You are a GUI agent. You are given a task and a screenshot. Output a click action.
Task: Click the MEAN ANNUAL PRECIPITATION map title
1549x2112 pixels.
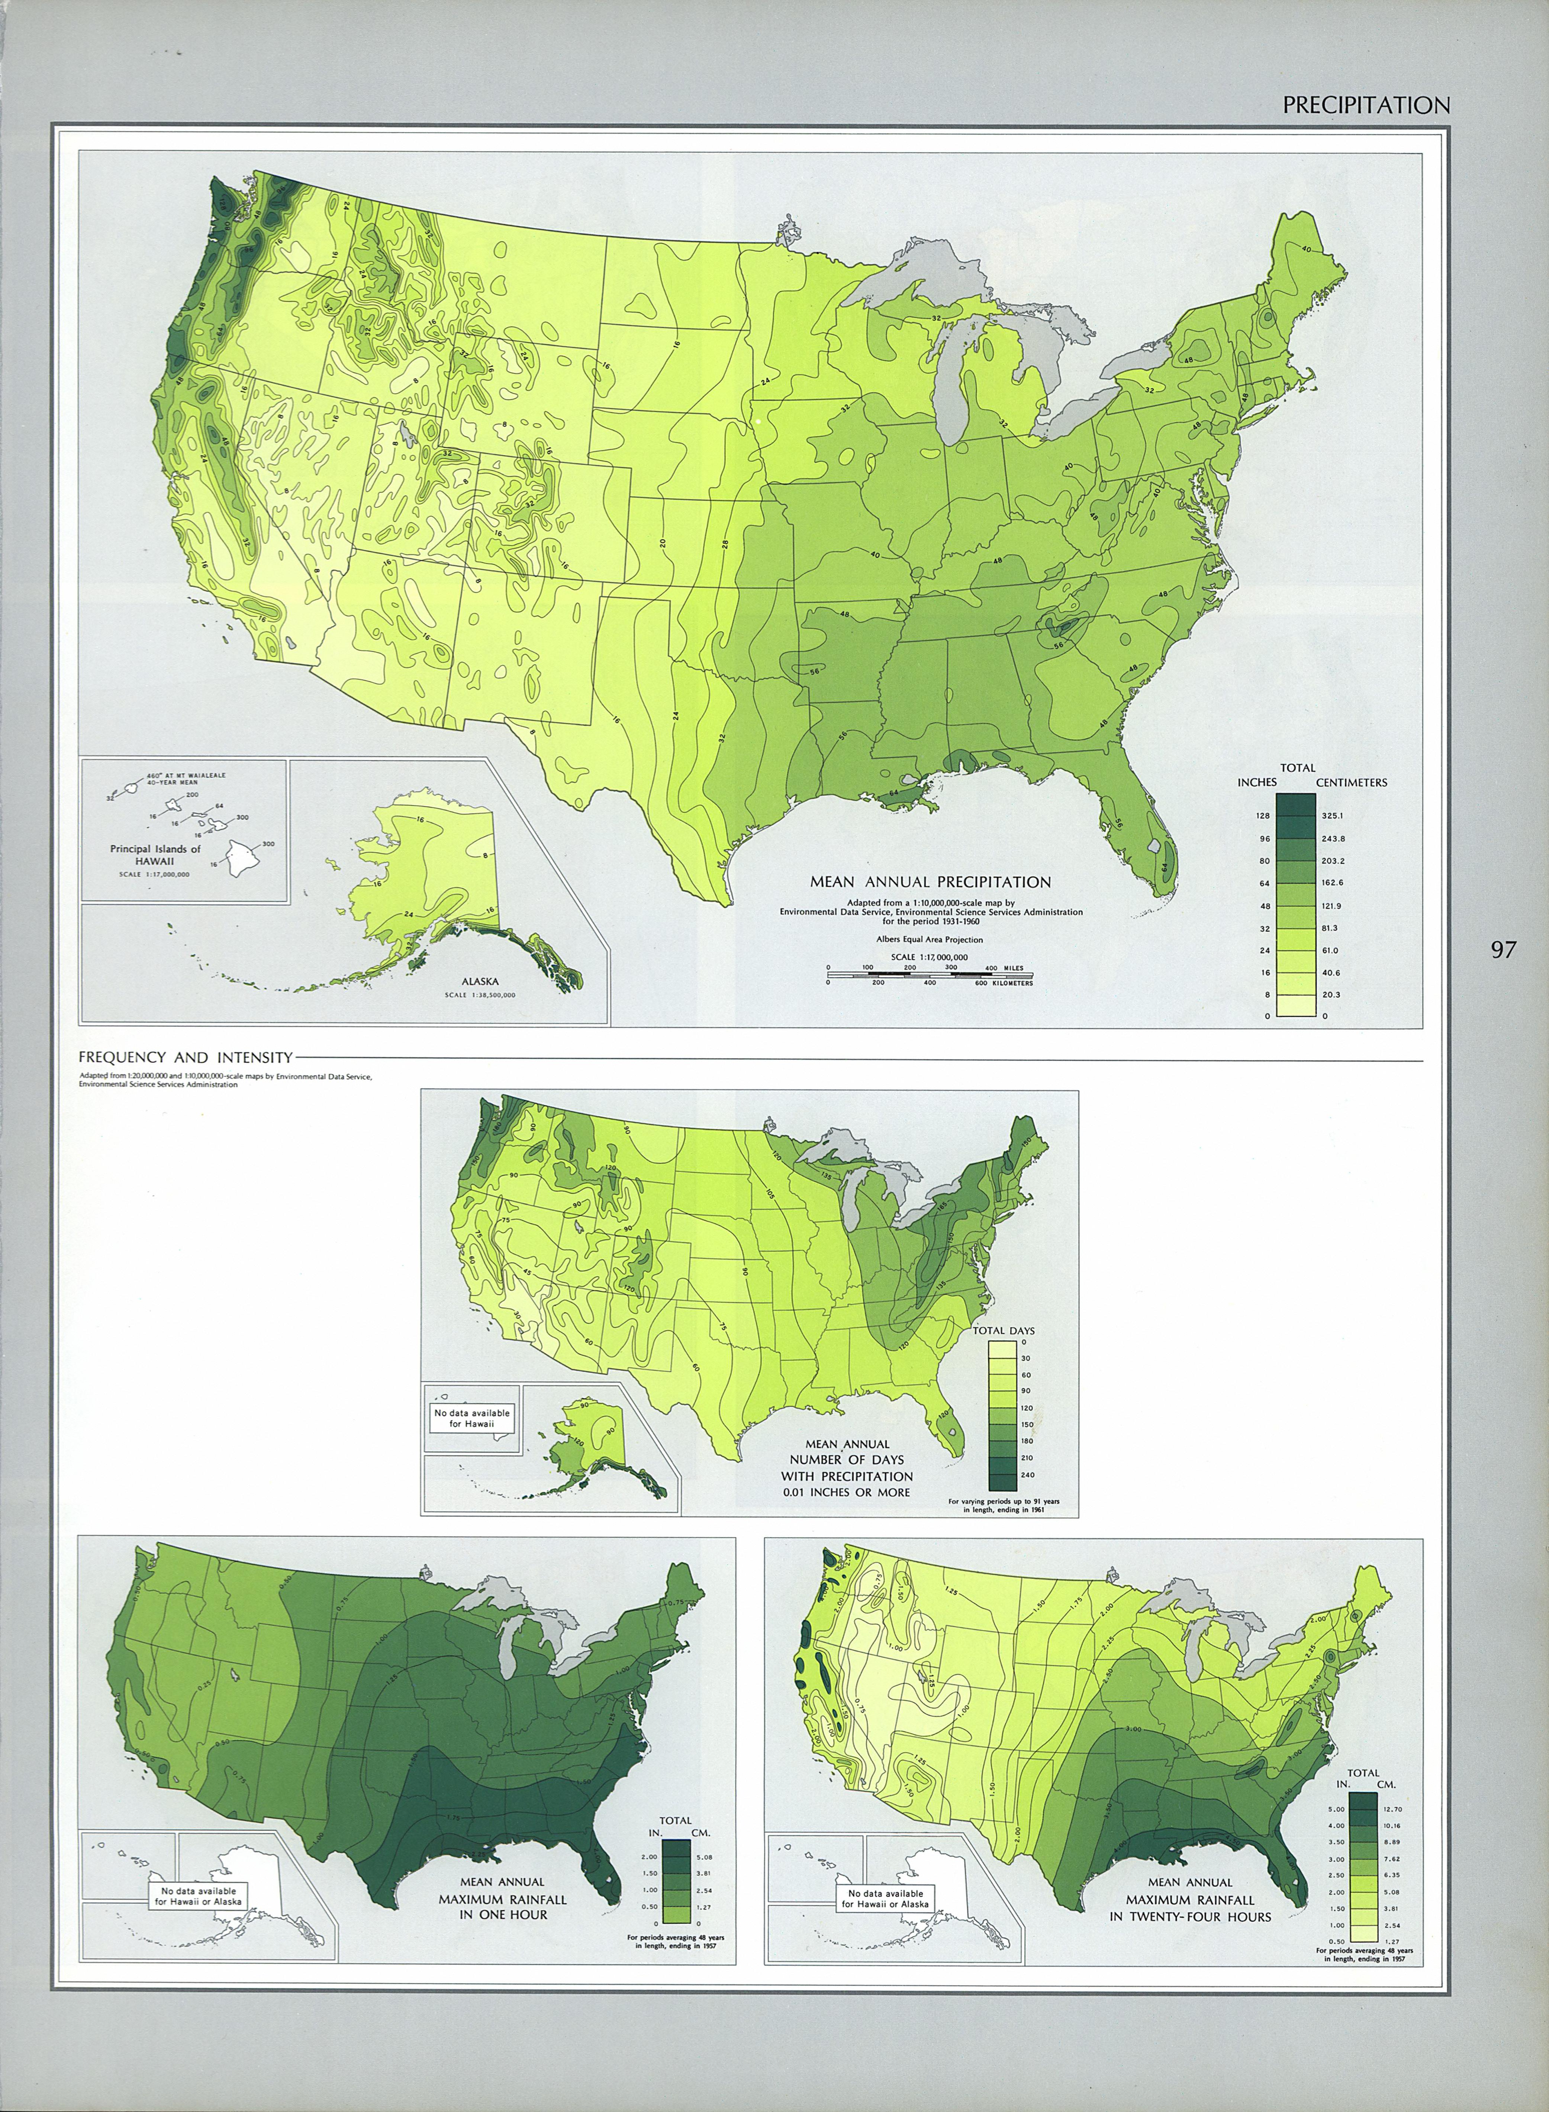click(x=930, y=882)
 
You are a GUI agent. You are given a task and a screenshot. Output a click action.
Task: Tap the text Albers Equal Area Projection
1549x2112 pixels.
click(x=930, y=938)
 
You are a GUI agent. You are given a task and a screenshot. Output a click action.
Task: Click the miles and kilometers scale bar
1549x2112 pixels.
click(x=930, y=975)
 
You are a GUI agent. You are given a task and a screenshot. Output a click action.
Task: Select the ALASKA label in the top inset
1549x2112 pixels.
click(x=480, y=981)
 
